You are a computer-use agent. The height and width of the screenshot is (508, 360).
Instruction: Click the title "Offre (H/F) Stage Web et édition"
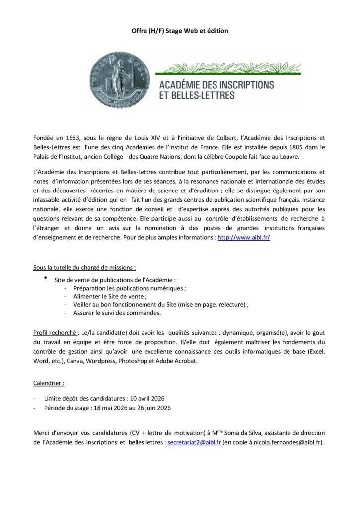[x=180, y=31]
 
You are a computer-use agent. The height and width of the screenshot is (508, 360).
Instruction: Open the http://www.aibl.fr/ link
[x=244, y=238]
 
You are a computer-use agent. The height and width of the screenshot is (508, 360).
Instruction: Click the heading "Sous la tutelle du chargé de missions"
[x=84, y=268]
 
